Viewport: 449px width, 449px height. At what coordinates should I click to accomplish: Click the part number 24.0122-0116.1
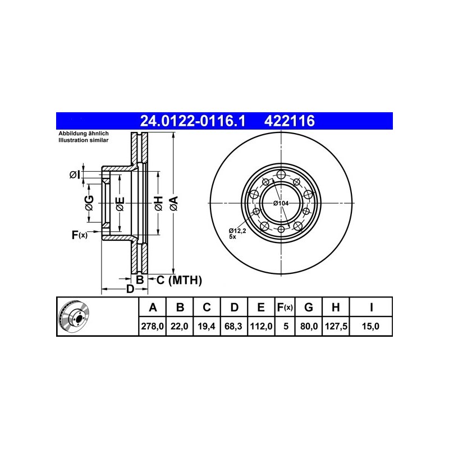(193, 121)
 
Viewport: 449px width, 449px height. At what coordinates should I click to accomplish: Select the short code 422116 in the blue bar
(290, 121)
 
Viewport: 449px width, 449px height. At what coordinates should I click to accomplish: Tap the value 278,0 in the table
(152, 326)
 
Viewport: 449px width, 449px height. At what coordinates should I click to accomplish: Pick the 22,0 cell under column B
(180, 326)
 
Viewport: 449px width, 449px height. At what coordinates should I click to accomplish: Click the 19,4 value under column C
(207, 326)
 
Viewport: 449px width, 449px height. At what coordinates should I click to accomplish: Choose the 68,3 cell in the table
(233, 326)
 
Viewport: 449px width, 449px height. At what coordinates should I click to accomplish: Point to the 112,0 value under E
(261, 326)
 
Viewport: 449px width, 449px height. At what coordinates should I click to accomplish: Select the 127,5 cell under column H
(336, 326)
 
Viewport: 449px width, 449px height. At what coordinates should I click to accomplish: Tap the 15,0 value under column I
(370, 326)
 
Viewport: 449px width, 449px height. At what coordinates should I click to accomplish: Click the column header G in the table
(308, 307)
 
